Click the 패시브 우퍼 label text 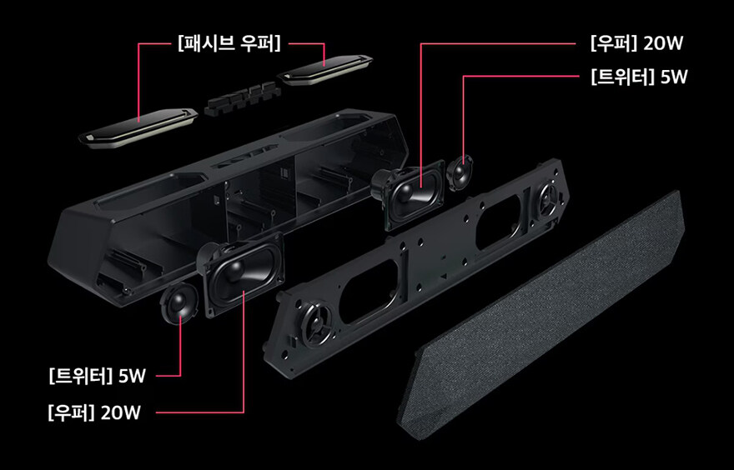228,42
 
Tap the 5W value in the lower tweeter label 133,376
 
